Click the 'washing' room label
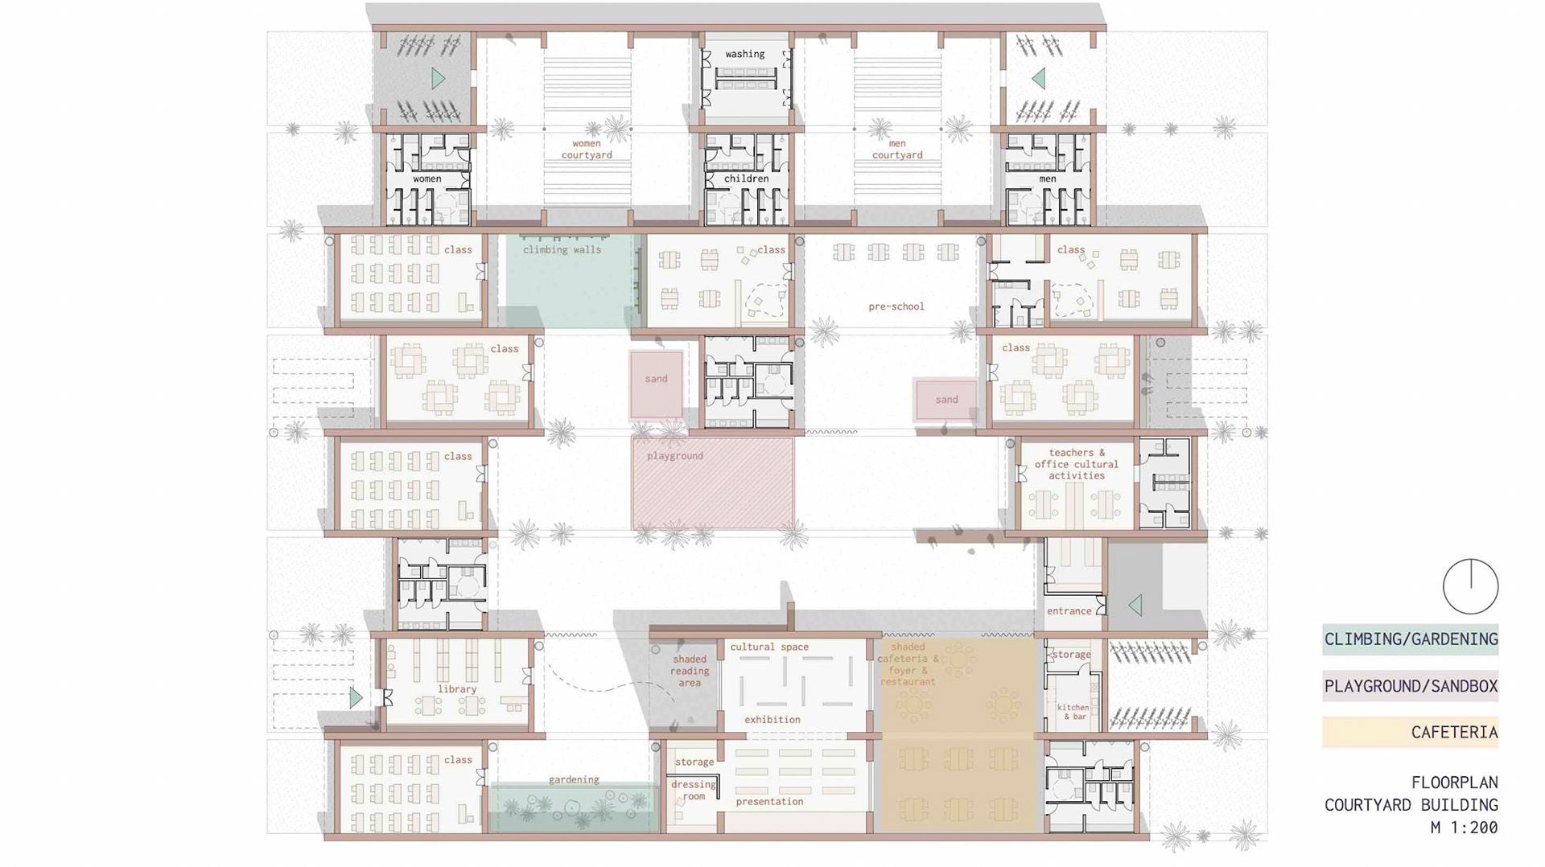pos(744,54)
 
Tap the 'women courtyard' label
pos(587,149)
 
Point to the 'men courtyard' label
pos(897,149)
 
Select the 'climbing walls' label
pos(562,249)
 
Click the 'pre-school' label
pos(896,306)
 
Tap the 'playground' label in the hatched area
pos(675,456)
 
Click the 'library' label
pos(457,689)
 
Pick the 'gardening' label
pos(574,779)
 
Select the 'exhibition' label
pos(772,720)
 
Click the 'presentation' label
pos(769,802)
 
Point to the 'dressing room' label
pos(694,790)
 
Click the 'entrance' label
pos(1069,611)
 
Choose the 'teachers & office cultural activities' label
pos(1077,464)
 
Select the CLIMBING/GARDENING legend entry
pos(1411,639)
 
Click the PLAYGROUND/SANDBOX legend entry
pos(1411,686)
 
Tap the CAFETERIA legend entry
pos(1411,733)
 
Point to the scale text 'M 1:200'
pos(1464,827)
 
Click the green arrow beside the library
pos(356,697)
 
